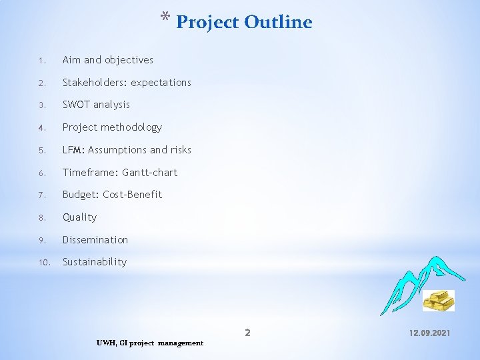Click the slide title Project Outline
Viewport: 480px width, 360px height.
(244, 22)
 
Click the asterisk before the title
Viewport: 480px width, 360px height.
(165, 18)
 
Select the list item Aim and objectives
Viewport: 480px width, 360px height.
(107, 60)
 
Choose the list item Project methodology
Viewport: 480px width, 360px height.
(112, 127)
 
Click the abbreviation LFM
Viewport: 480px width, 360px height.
(73, 150)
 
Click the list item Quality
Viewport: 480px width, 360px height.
(79, 217)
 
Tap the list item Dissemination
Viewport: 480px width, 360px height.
(95, 240)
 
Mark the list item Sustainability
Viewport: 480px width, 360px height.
(94, 262)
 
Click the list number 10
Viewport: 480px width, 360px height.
(43, 263)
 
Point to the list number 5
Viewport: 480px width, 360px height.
(41, 151)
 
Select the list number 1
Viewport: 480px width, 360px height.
(41, 61)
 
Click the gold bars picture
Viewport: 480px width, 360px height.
(439, 300)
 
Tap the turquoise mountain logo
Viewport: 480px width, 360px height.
(411, 283)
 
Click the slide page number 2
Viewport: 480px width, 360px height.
(247, 332)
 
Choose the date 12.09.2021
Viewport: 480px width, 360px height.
(429, 332)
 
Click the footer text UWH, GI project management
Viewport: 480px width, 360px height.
(150, 343)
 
